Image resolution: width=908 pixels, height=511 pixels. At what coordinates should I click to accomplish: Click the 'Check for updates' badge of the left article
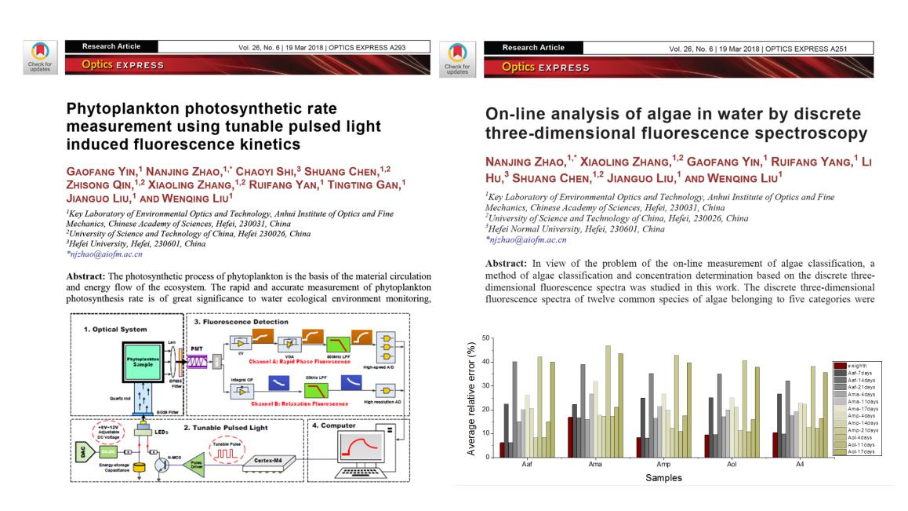[x=39, y=58]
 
